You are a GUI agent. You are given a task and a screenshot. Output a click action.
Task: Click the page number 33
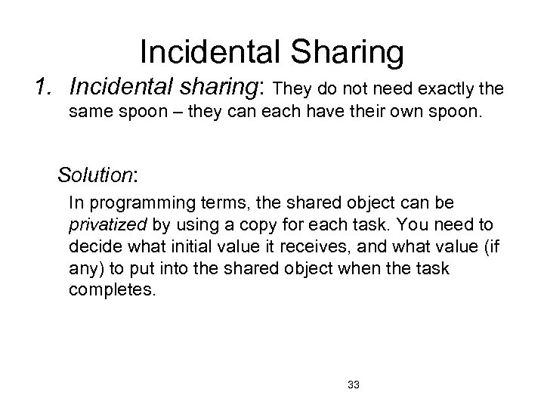tap(353, 385)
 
